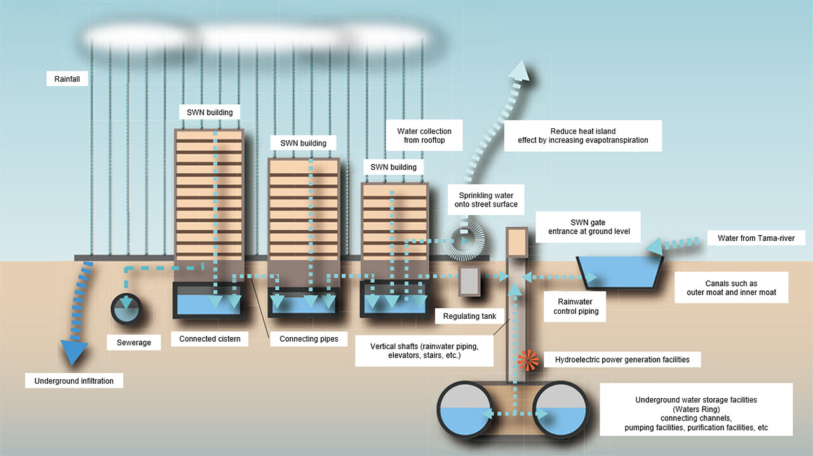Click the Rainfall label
point(67,79)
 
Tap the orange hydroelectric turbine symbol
point(528,359)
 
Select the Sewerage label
point(134,342)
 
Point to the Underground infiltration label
point(74,381)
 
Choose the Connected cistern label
point(210,339)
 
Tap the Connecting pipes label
point(309,339)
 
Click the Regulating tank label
point(469,316)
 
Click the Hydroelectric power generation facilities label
point(622,359)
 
